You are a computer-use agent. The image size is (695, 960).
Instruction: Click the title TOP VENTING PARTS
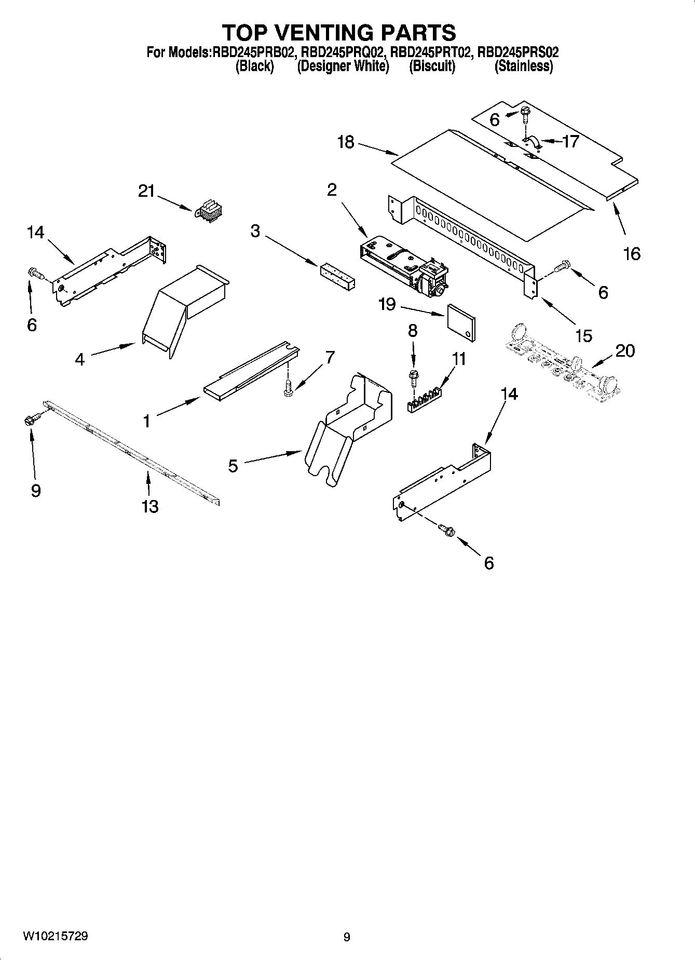(x=339, y=33)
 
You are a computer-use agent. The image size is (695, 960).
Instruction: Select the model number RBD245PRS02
(x=518, y=52)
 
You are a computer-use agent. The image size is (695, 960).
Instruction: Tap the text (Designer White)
(x=343, y=66)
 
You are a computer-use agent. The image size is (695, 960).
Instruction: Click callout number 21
(x=146, y=192)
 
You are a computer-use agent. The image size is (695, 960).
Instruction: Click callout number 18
(x=346, y=142)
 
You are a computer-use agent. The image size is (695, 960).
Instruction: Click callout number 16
(x=632, y=254)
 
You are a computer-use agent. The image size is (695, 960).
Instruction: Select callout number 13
(x=149, y=506)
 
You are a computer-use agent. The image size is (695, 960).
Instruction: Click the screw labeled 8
(x=413, y=376)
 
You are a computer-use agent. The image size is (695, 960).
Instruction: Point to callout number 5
(x=233, y=466)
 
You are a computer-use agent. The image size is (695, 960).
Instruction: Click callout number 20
(x=624, y=351)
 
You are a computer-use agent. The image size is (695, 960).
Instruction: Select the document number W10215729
(x=56, y=936)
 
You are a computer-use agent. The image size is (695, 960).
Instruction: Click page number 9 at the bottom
(x=347, y=937)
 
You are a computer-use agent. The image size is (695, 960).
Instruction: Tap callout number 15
(x=584, y=335)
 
